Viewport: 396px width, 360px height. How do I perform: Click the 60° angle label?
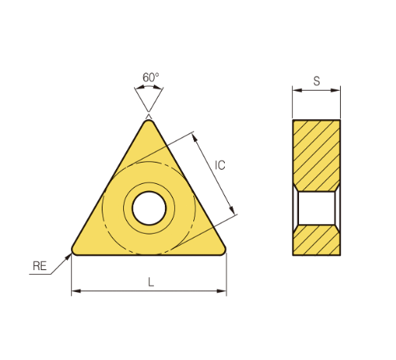tap(151, 77)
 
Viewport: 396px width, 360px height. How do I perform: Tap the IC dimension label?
tap(220, 165)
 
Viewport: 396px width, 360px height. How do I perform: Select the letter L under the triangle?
tap(151, 282)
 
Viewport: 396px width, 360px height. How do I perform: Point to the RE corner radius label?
tap(39, 266)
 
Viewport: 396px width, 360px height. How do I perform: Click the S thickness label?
tap(316, 81)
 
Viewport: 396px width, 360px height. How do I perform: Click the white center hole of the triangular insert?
tap(149, 208)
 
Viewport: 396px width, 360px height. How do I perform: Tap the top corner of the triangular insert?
tap(149, 120)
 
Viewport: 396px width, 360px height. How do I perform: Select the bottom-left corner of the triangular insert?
tap(72, 253)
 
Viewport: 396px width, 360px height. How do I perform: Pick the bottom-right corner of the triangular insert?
tap(226, 253)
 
